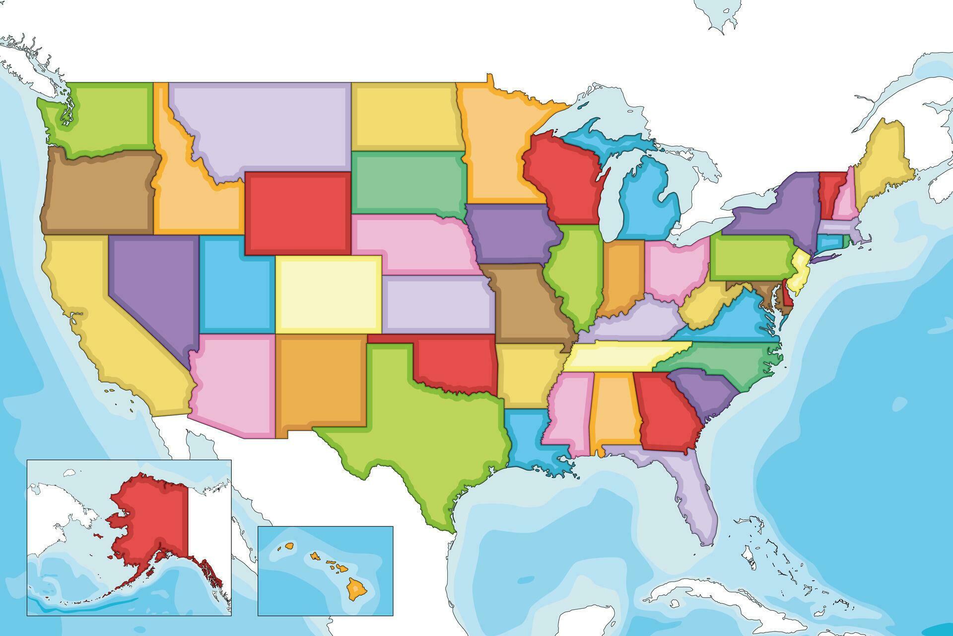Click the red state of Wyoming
click(x=298, y=213)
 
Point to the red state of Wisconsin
click(x=561, y=179)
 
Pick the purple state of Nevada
click(x=154, y=283)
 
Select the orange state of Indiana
click(x=623, y=276)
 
